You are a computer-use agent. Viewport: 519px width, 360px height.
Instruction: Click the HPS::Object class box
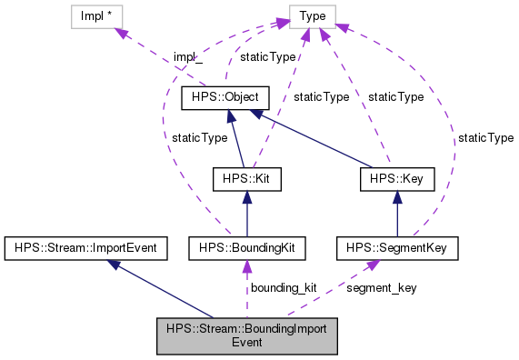(x=225, y=95)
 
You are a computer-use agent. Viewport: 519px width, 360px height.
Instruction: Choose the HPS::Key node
(x=395, y=179)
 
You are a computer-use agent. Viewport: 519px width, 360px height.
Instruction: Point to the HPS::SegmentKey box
(x=396, y=246)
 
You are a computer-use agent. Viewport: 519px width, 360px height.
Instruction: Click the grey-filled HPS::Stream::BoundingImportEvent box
(x=246, y=336)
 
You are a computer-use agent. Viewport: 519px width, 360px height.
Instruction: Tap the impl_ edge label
(x=186, y=57)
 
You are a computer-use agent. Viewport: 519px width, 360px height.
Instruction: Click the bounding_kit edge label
(x=283, y=287)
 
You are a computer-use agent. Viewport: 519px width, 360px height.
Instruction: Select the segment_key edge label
(x=382, y=287)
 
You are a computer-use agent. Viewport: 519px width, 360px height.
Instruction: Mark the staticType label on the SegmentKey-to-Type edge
(x=485, y=137)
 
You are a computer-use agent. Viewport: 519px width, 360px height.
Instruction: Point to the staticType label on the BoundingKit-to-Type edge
(x=199, y=137)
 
